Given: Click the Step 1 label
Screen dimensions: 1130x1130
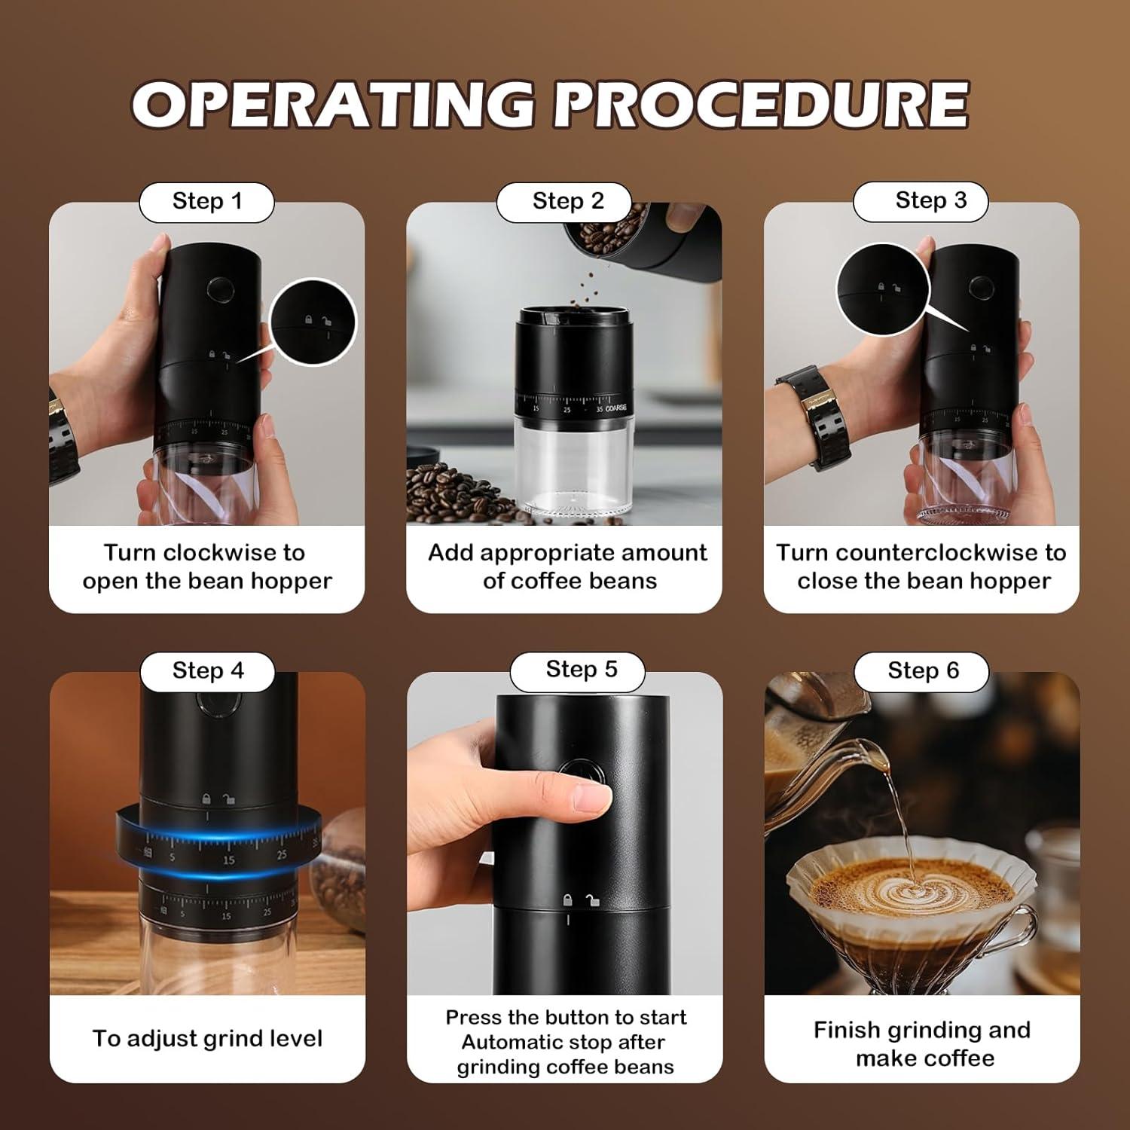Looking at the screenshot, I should pyautogui.click(x=206, y=202).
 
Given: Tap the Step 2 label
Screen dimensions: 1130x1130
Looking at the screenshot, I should pyautogui.click(x=568, y=202).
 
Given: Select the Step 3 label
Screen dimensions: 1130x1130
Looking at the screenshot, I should pyautogui.click(x=930, y=201).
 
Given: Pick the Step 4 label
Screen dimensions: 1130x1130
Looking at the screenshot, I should pyautogui.click(x=208, y=671).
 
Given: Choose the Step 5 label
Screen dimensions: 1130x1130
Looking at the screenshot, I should pyautogui.click(x=581, y=670).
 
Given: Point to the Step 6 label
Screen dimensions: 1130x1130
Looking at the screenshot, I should pyautogui.click(x=923, y=671).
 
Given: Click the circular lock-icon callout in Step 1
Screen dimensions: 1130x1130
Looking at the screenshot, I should pyautogui.click(x=313, y=322).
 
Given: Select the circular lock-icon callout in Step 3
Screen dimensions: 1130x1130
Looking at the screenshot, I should pyautogui.click(x=882, y=289).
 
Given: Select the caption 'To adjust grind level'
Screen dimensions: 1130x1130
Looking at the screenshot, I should pyautogui.click(x=207, y=1039).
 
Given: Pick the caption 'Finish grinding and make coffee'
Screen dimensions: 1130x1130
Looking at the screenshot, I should pyautogui.click(x=923, y=1043).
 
